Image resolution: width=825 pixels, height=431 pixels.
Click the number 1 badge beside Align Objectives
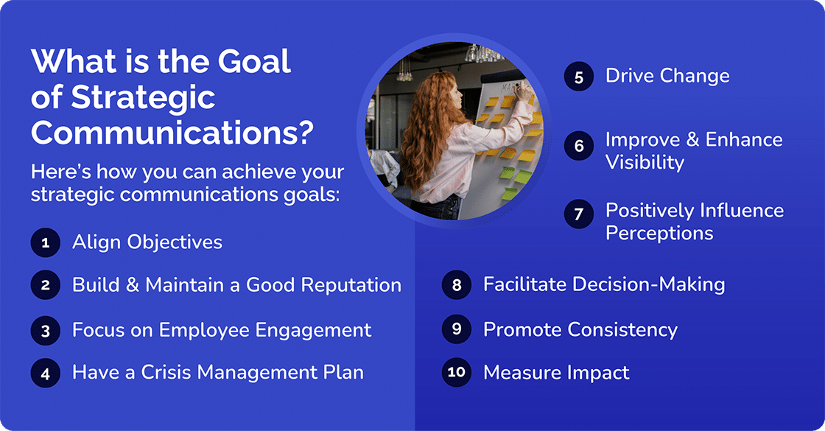pos(45,242)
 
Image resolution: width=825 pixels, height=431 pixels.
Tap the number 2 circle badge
pos(45,286)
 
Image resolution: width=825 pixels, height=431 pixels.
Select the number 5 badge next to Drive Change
pos(579,77)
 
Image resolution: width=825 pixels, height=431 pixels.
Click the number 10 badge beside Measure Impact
pos(457,373)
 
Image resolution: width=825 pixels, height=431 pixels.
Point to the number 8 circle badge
pos(457,285)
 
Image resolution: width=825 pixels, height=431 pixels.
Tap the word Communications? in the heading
pos(173,133)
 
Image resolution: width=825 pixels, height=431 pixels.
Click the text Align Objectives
pos(147,242)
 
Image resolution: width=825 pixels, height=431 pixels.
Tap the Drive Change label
pos(667,76)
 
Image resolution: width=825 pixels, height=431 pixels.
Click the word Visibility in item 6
pos(645,162)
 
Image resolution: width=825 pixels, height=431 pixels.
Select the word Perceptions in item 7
pos(659,234)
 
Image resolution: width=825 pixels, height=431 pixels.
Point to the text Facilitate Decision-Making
pos(603,285)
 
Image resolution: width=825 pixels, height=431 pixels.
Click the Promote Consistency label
pos(580,329)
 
